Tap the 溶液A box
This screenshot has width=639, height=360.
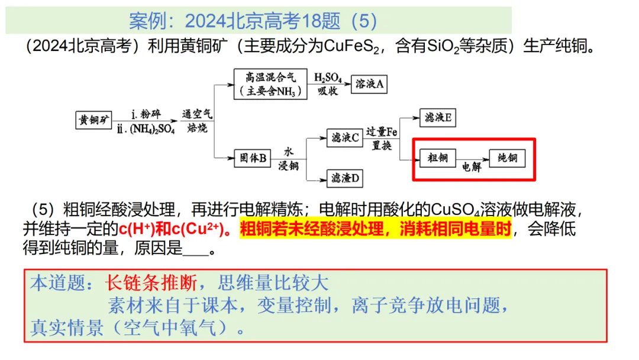(x=369, y=84)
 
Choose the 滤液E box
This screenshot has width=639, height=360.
(x=437, y=118)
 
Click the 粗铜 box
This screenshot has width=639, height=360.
(x=437, y=158)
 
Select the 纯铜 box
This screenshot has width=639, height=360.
(x=507, y=158)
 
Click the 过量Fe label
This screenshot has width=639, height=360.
(x=382, y=131)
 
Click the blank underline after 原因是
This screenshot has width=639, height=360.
(x=196, y=249)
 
